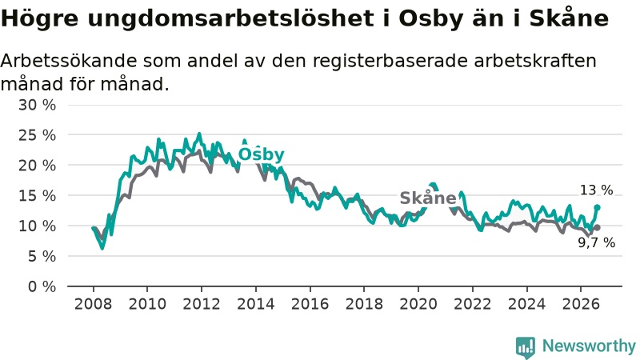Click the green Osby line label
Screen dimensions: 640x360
(262, 154)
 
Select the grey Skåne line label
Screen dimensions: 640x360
(428, 198)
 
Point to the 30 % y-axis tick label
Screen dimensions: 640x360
(37, 105)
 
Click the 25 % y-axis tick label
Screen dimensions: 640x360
(37, 135)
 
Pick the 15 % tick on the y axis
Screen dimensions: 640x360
(37, 195)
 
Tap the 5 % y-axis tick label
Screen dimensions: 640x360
(42, 256)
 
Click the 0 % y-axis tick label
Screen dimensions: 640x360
(42, 286)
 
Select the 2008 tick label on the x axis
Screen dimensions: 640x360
(93, 304)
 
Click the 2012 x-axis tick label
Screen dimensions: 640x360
(202, 304)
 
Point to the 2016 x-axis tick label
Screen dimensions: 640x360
(310, 304)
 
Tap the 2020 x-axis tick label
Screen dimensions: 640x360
(418, 304)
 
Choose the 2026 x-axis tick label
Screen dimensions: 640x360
(581, 304)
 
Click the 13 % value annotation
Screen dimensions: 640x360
(596, 190)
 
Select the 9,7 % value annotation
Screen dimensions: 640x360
(596, 243)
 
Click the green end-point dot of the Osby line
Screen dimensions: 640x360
(597, 207)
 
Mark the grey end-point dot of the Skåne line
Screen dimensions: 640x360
(597, 227)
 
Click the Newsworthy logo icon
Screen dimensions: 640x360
(526, 347)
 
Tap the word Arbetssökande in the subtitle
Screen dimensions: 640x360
(69, 61)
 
